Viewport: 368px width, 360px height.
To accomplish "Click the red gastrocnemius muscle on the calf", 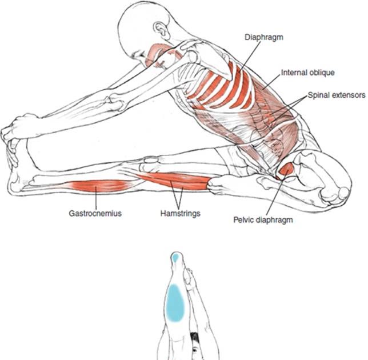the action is pyautogui.click(x=97, y=185).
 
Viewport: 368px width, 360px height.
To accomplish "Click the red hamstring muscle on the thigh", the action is pyautogui.click(x=177, y=182).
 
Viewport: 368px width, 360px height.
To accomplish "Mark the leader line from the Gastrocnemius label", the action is pyautogui.click(x=95, y=199).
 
